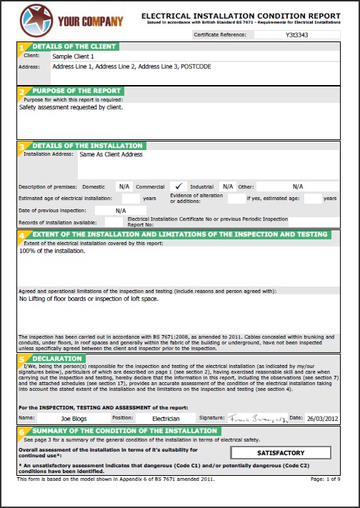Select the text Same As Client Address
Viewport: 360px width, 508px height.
(x=111, y=154)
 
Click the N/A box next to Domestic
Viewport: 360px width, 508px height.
(x=124, y=186)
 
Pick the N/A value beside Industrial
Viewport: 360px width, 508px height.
(x=228, y=186)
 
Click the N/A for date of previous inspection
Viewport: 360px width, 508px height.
(x=121, y=211)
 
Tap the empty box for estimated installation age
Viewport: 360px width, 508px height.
(x=131, y=198)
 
